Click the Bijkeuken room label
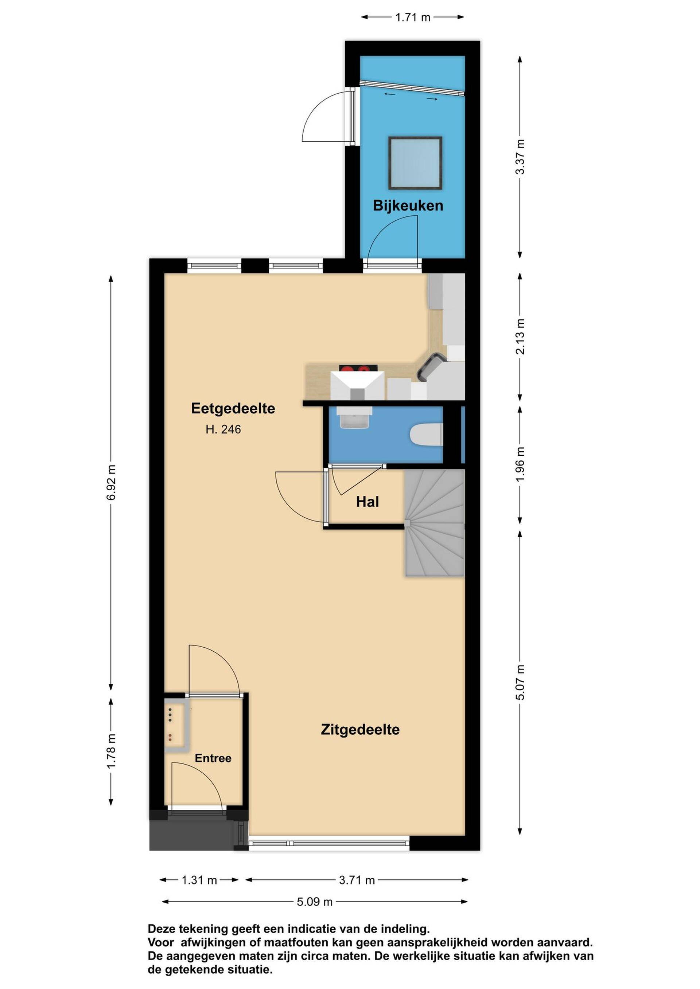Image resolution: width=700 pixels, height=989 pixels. [x=408, y=205]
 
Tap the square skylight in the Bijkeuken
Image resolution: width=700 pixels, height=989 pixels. [x=415, y=163]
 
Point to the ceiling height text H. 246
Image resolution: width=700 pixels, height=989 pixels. [x=223, y=429]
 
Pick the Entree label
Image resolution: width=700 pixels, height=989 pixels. [x=213, y=758]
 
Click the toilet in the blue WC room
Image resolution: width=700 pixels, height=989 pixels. [x=426, y=435]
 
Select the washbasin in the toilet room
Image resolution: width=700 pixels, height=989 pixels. [x=355, y=418]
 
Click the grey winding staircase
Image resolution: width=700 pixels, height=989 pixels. [x=435, y=523]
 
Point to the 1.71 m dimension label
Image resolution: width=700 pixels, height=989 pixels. [x=412, y=17]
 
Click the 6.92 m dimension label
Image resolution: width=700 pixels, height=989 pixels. [x=111, y=482]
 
